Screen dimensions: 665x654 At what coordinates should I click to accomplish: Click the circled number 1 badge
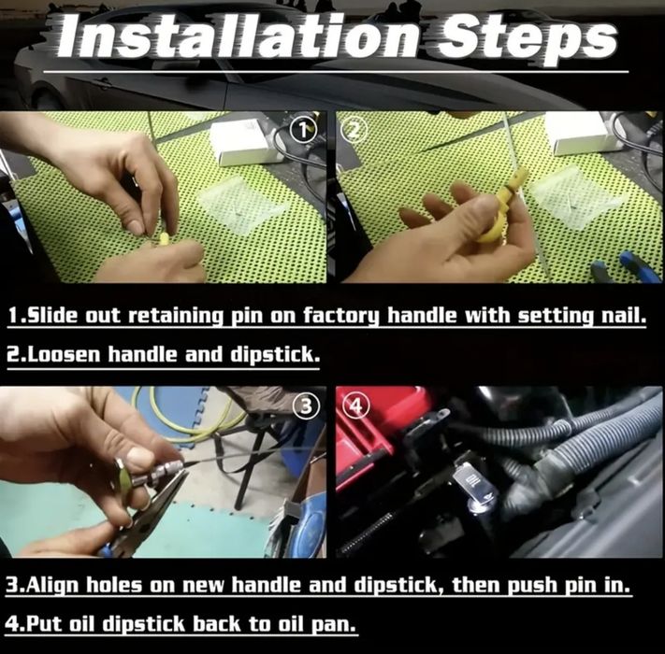[x=304, y=131]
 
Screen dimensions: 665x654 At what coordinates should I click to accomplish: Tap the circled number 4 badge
[x=356, y=405]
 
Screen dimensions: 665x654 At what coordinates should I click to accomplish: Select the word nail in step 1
[x=622, y=316]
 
